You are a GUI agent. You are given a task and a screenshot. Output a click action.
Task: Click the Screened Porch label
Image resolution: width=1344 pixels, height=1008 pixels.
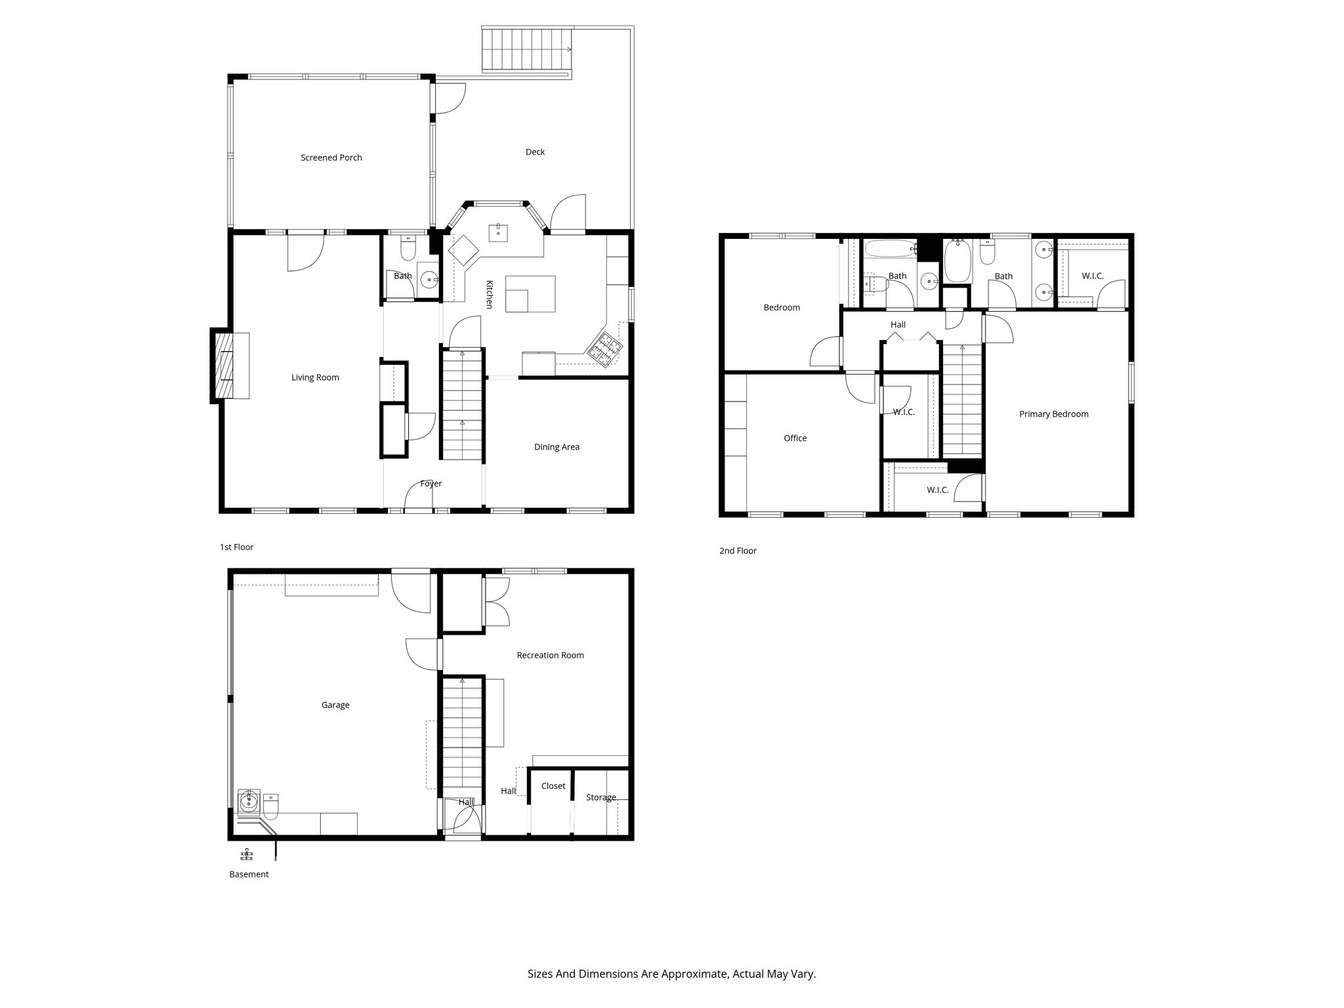pos(331,157)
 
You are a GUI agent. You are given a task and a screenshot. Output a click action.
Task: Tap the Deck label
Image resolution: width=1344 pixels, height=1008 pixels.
pos(535,152)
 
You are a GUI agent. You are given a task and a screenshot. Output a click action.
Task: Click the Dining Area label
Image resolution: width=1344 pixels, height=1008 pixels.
pos(556,447)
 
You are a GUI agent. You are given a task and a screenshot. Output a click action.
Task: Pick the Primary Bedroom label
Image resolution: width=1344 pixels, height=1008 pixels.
pos(1053,414)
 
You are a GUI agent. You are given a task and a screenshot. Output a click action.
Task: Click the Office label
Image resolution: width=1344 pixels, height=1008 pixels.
pos(795,438)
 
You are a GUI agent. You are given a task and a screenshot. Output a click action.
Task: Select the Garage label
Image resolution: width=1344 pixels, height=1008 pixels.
pos(335,705)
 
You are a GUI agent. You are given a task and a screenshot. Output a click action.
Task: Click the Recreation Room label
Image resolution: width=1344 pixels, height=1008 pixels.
pos(550,655)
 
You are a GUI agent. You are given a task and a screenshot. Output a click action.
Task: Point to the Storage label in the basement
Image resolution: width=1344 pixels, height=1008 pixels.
pos(600,797)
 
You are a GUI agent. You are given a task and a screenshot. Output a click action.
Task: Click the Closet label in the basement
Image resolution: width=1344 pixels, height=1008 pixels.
pos(553,786)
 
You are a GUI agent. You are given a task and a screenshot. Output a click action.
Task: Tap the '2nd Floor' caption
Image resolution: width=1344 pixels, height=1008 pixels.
pos(738,551)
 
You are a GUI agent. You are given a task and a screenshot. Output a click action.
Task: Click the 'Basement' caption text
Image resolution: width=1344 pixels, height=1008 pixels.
pos(249,874)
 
